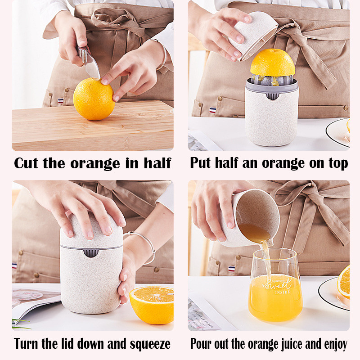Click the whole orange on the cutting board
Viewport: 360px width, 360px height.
pos(94,99)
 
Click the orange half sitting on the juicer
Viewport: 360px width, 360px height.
pos(273,63)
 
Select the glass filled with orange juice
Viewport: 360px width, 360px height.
pos(275,285)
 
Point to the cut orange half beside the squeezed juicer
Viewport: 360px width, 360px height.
pos(152,305)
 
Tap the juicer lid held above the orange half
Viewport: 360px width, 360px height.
pos(253,36)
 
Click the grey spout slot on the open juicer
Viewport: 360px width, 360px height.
pos(272,96)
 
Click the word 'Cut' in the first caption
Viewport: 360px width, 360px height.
pos(26,163)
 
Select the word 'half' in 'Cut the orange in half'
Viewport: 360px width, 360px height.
pos(157,163)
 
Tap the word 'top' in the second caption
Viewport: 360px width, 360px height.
pos(338,164)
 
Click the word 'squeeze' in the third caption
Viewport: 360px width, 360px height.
pos(150,344)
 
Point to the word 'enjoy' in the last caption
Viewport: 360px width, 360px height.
pos(335,344)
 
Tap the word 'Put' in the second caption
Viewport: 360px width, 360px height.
pos(200,163)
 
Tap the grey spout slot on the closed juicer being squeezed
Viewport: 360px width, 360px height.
pos(91,252)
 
